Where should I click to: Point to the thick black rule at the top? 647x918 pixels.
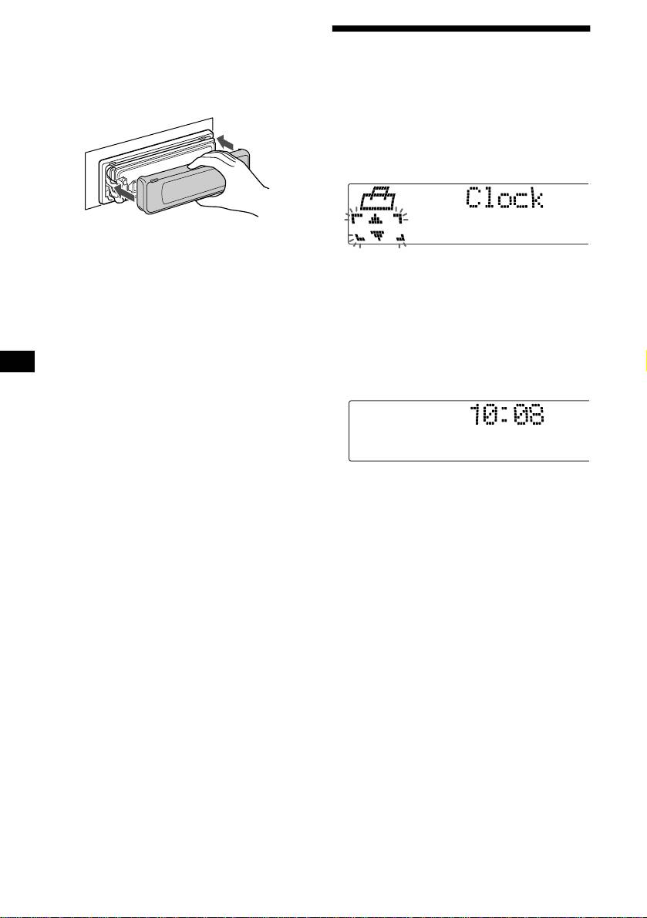tap(460, 29)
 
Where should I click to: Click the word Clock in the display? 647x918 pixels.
tap(505, 200)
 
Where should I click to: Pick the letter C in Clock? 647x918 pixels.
tap(475, 200)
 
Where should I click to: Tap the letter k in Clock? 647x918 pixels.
tap(534, 200)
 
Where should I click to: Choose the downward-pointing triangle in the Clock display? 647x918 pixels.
tap(376, 237)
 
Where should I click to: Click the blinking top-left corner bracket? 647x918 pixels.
tap(356, 219)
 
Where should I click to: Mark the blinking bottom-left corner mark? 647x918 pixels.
tap(359, 239)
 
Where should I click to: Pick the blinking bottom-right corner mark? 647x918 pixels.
tap(400, 240)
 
